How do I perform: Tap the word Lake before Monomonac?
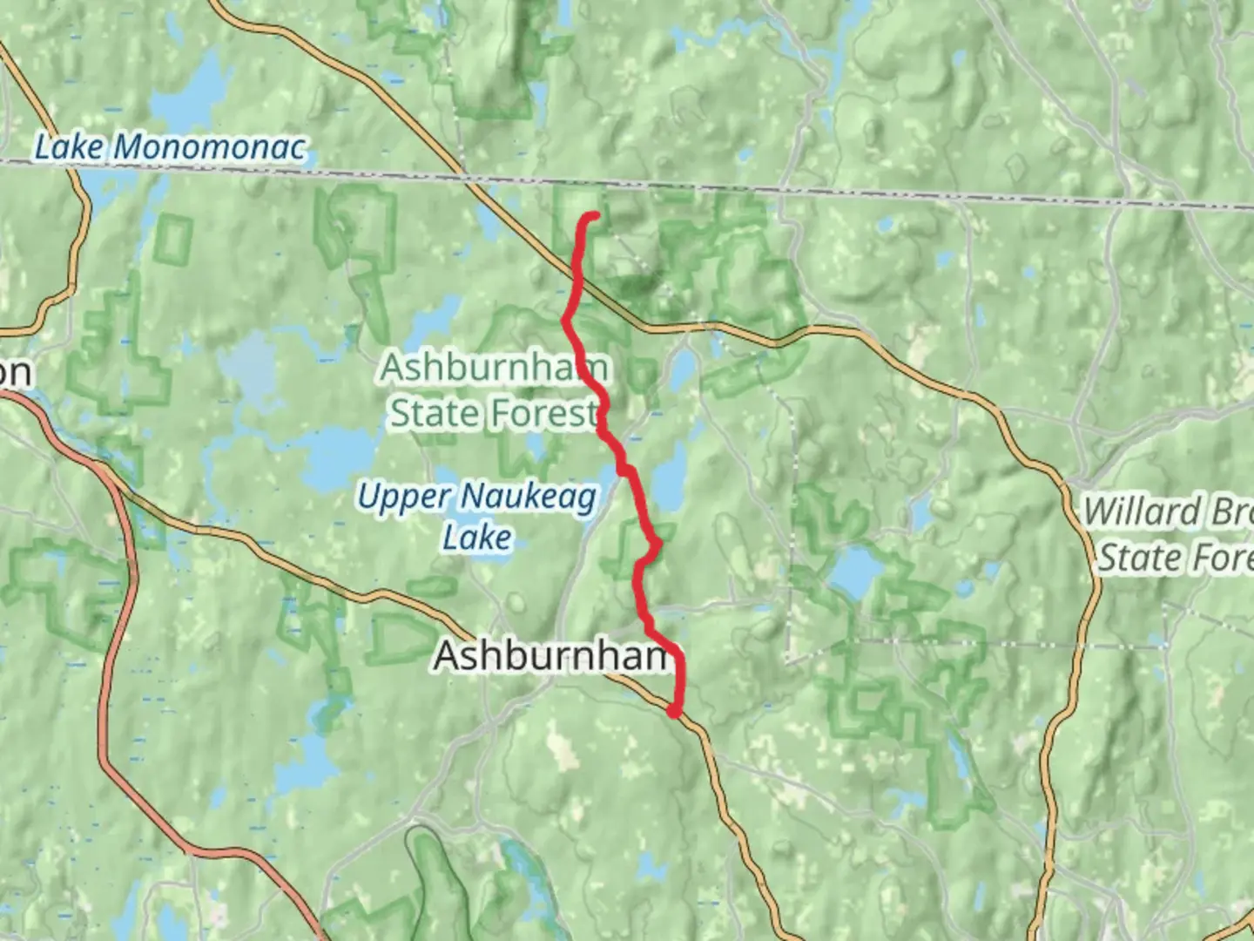69,147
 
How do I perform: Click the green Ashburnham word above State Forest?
493,368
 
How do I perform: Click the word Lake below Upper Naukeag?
476,538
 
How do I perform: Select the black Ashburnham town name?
552,656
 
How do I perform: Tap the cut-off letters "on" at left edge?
15,373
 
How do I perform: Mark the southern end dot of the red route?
674,712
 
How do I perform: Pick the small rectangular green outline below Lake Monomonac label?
174,238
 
